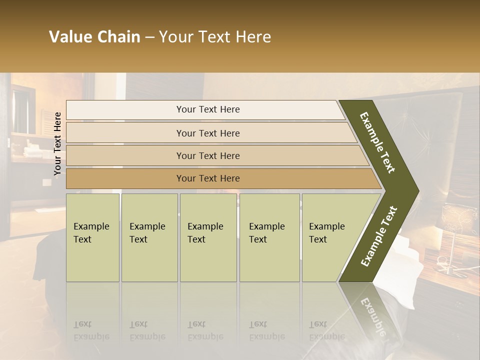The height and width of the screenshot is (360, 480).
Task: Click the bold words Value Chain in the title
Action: [94, 37]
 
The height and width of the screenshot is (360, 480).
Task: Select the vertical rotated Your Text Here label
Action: [57, 143]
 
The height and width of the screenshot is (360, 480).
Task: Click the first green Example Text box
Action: [92, 237]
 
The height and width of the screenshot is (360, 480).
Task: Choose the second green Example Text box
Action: [149, 237]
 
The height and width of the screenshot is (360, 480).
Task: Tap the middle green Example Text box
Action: [208, 237]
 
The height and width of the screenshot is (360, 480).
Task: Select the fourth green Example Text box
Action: [269, 237]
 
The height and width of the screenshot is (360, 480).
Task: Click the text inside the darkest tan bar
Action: [208, 178]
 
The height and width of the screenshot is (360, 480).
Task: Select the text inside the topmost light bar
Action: [208, 109]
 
